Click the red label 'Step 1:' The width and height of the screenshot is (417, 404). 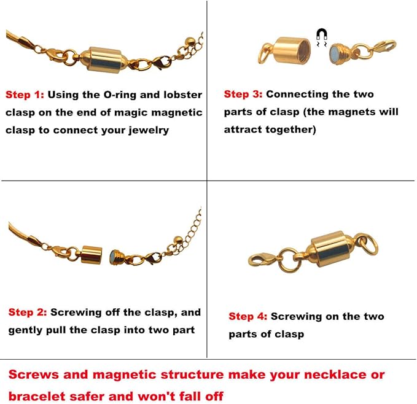pyautogui.click(x=24, y=95)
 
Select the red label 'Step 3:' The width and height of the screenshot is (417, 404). pyautogui.click(x=243, y=95)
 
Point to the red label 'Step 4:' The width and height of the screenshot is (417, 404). pyautogui.click(x=247, y=317)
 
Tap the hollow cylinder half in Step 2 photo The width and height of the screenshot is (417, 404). pyautogui.click(x=92, y=254)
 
